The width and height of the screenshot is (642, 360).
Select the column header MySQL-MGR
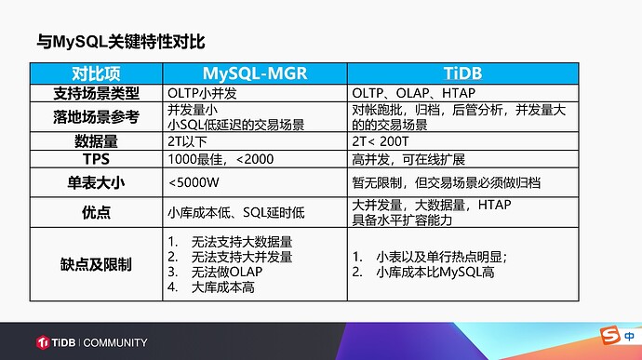pyautogui.click(x=254, y=73)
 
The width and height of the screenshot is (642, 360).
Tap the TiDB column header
pyautogui.click(x=462, y=73)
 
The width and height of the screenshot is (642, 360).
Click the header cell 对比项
pyautogui.click(x=93, y=73)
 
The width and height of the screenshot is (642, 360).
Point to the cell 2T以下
pyautogui.click(x=188, y=141)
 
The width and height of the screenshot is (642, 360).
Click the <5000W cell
pyautogui.click(x=194, y=182)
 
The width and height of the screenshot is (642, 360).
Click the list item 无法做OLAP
pyautogui.click(x=226, y=272)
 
